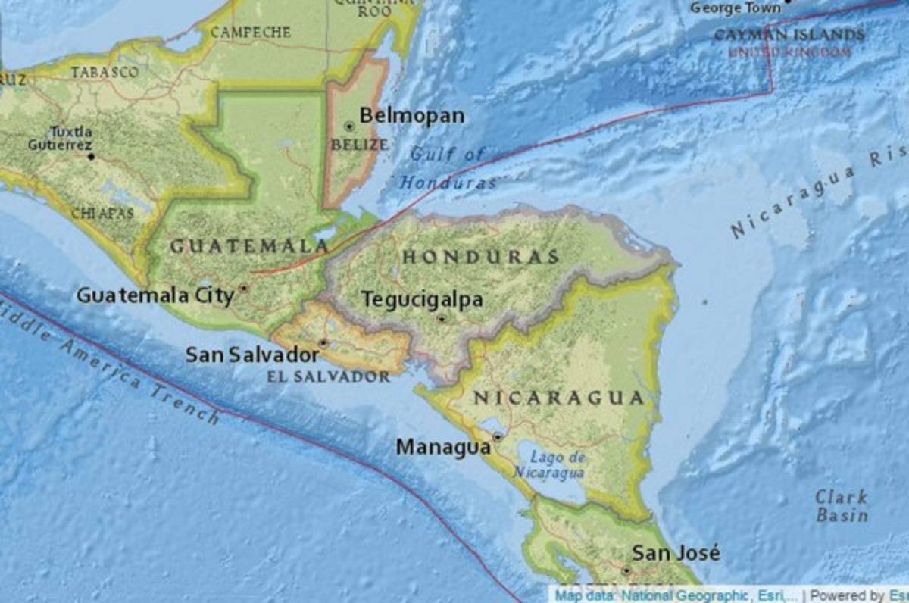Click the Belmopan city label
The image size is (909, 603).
click(411, 116)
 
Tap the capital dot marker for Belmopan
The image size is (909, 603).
click(349, 127)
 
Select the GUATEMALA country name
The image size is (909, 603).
click(249, 246)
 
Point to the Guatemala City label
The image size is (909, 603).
click(155, 295)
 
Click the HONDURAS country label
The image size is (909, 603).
click(480, 257)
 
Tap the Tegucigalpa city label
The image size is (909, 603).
click(422, 300)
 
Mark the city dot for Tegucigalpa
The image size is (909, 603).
click(442, 319)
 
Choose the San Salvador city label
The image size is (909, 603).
click(252, 355)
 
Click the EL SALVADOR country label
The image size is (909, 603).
click(328, 376)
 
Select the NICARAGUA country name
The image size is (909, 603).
click(558, 398)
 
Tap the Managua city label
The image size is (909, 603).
click(443, 448)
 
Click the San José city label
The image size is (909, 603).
click(676, 553)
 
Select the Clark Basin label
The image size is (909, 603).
click(842, 506)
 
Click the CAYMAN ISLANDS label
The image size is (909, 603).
click(789, 35)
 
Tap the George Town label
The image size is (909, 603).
click(735, 8)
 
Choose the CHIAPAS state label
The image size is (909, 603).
click(102, 213)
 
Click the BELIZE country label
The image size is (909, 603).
click(360, 144)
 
